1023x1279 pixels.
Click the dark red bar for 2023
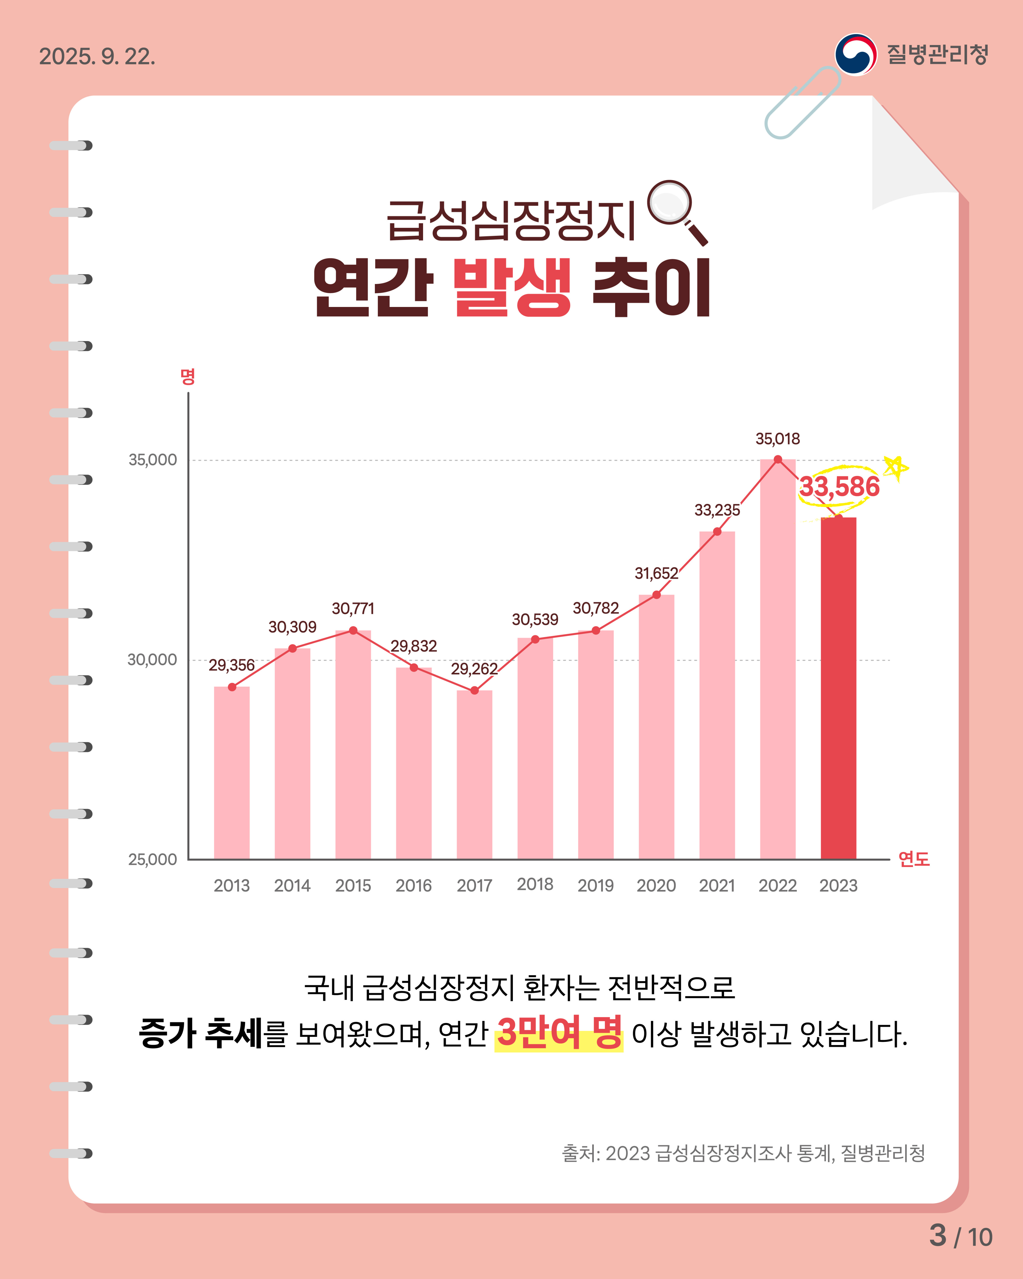click(x=838, y=688)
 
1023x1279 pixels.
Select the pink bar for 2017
click(x=474, y=774)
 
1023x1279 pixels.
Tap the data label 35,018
click(x=777, y=439)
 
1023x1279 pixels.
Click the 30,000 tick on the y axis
click(x=152, y=660)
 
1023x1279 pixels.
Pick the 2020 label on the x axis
click(x=656, y=886)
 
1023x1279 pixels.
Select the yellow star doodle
click(x=895, y=468)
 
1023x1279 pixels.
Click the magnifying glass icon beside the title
click(x=676, y=211)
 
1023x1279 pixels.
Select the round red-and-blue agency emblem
click(x=855, y=55)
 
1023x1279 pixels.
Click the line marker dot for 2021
click(x=717, y=532)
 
